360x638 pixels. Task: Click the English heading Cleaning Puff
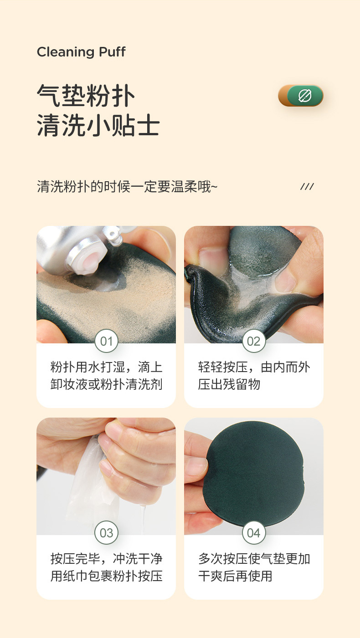(x=81, y=52)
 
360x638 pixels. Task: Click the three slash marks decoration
(x=307, y=187)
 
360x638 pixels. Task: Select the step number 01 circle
(x=106, y=341)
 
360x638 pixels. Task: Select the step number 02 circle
(x=253, y=341)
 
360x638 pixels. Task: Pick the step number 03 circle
(x=106, y=533)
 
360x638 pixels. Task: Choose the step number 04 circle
(x=253, y=533)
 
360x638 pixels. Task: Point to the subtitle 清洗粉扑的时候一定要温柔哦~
(x=127, y=187)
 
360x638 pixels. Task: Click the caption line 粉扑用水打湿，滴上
(x=106, y=367)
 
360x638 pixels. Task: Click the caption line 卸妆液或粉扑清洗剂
(x=106, y=384)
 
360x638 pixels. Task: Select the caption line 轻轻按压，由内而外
(x=254, y=367)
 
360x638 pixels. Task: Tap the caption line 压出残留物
(x=229, y=384)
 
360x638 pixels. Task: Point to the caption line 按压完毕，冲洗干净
(x=106, y=559)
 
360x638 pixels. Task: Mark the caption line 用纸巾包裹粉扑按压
(x=106, y=576)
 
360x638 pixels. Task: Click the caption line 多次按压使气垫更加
(x=254, y=559)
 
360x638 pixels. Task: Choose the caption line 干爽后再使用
(x=235, y=576)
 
